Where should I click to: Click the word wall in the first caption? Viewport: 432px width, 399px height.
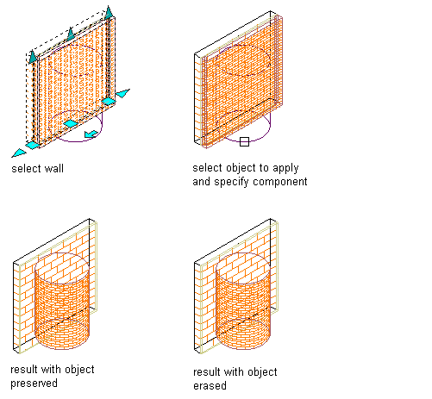click(x=53, y=168)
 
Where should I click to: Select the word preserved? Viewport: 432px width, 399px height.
click(x=34, y=383)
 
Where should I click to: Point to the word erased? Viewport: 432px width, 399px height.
click(x=210, y=385)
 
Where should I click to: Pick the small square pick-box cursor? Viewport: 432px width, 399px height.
click(x=244, y=141)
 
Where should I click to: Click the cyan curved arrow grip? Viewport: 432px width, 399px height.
click(x=91, y=134)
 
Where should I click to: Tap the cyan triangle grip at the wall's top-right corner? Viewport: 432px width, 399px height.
click(x=109, y=13)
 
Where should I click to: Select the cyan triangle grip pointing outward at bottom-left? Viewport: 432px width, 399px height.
click(x=19, y=153)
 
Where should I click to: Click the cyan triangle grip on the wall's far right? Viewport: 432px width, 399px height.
click(x=122, y=93)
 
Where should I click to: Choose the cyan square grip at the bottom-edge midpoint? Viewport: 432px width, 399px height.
click(x=71, y=123)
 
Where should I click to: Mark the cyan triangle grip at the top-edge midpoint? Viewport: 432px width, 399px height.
click(x=71, y=34)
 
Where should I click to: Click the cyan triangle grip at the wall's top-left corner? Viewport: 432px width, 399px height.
click(x=33, y=57)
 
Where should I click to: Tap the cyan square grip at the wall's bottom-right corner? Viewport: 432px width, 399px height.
click(x=109, y=102)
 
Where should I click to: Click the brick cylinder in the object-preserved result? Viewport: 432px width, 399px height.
click(x=62, y=301)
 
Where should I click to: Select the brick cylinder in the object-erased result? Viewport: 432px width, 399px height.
click(x=243, y=301)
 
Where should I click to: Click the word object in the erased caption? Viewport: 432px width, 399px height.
click(x=262, y=372)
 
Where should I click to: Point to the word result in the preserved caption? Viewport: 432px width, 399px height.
click(x=24, y=370)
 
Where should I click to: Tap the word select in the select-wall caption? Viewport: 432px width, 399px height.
click(x=27, y=168)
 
